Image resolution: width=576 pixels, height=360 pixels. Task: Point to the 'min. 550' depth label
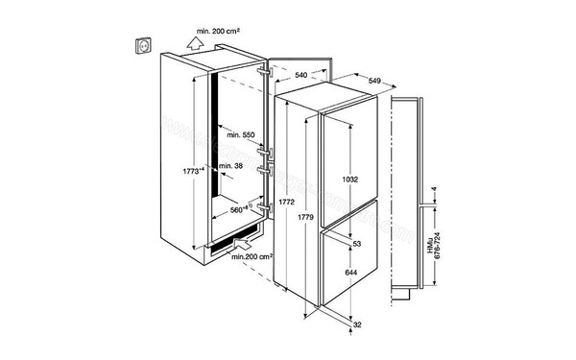tap(244, 136)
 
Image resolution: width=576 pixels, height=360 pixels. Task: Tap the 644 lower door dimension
tap(353, 273)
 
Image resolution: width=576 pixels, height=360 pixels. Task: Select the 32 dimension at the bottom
tap(357, 325)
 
